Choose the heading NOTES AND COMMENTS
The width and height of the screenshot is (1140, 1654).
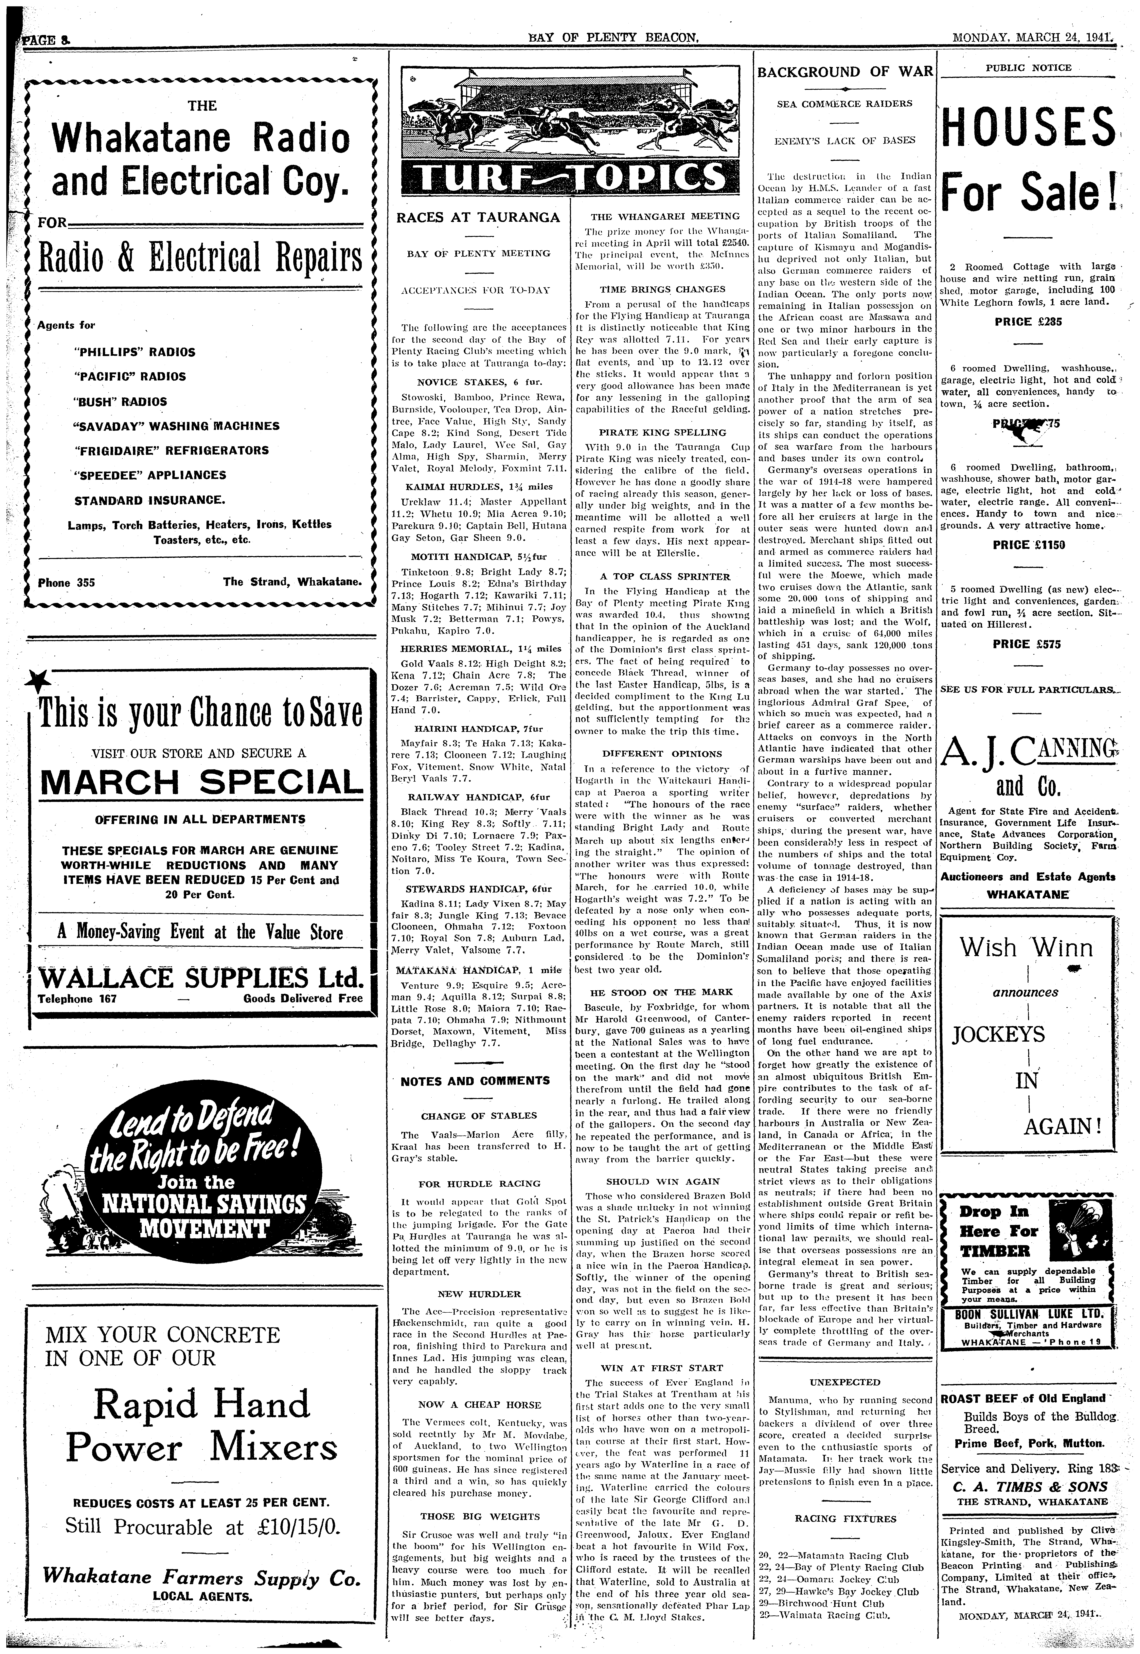coord(475,1081)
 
